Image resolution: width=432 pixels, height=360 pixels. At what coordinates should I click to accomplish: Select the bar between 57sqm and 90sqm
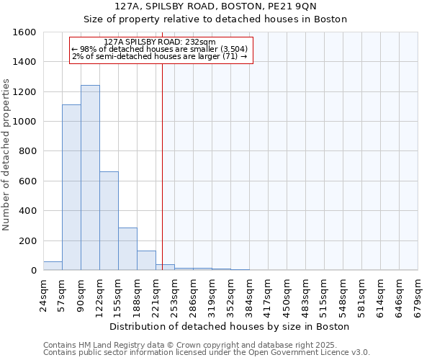71,187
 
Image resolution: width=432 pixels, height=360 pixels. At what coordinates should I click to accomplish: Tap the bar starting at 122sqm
109,220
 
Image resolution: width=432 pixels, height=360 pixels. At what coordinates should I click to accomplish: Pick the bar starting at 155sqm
127,248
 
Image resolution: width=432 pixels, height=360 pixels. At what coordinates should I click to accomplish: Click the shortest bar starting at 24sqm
53,266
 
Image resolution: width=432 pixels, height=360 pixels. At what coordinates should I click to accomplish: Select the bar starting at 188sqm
146,260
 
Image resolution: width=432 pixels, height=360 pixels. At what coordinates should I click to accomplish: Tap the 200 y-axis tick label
27,241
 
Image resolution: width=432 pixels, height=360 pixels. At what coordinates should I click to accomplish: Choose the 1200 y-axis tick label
24,92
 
